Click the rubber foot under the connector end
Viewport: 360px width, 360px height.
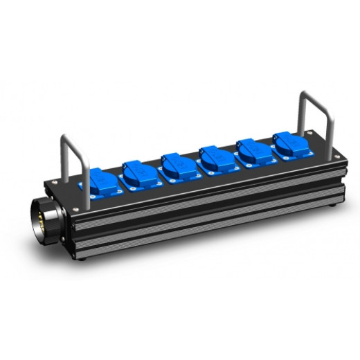[x=82, y=256]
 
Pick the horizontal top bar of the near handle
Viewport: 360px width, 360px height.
[x=69, y=138]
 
